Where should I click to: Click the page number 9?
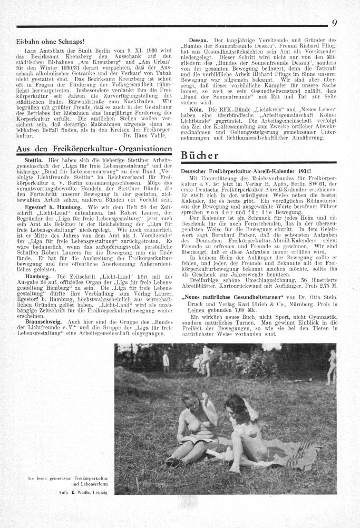point(334,22)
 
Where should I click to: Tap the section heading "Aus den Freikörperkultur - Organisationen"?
point(94,149)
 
